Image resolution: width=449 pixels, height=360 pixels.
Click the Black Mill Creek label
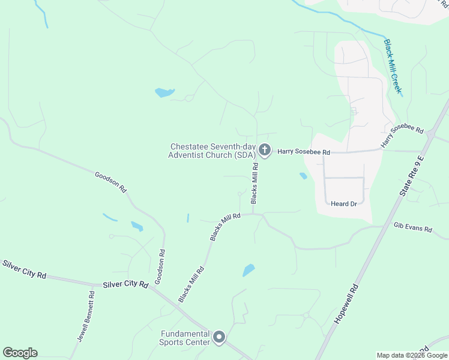tap(393, 68)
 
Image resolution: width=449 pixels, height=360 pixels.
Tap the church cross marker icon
tap(265, 151)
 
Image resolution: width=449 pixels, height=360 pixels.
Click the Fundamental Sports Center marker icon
tap(219, 338)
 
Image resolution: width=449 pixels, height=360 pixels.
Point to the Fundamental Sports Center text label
tap(185, 338)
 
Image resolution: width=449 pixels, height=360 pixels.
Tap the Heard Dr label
tap(344, 204)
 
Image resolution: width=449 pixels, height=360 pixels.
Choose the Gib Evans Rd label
tap(413, 227)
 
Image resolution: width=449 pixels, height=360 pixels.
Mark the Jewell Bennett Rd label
tap(86, 316)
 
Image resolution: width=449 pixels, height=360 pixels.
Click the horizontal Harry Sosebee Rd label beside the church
tap(304, 152)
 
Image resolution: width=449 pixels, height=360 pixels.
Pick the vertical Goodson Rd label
tap(159, 266)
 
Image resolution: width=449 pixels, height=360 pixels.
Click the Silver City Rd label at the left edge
tap(25, 269)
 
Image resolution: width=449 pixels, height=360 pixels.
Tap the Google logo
tap(20, 353)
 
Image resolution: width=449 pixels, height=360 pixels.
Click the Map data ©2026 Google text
tap(411, 355)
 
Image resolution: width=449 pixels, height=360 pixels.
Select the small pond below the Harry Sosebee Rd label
tap(303, 176)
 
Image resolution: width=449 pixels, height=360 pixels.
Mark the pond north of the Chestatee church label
tap(164, 92)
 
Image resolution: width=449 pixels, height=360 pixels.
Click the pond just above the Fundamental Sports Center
tap(249, 271)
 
